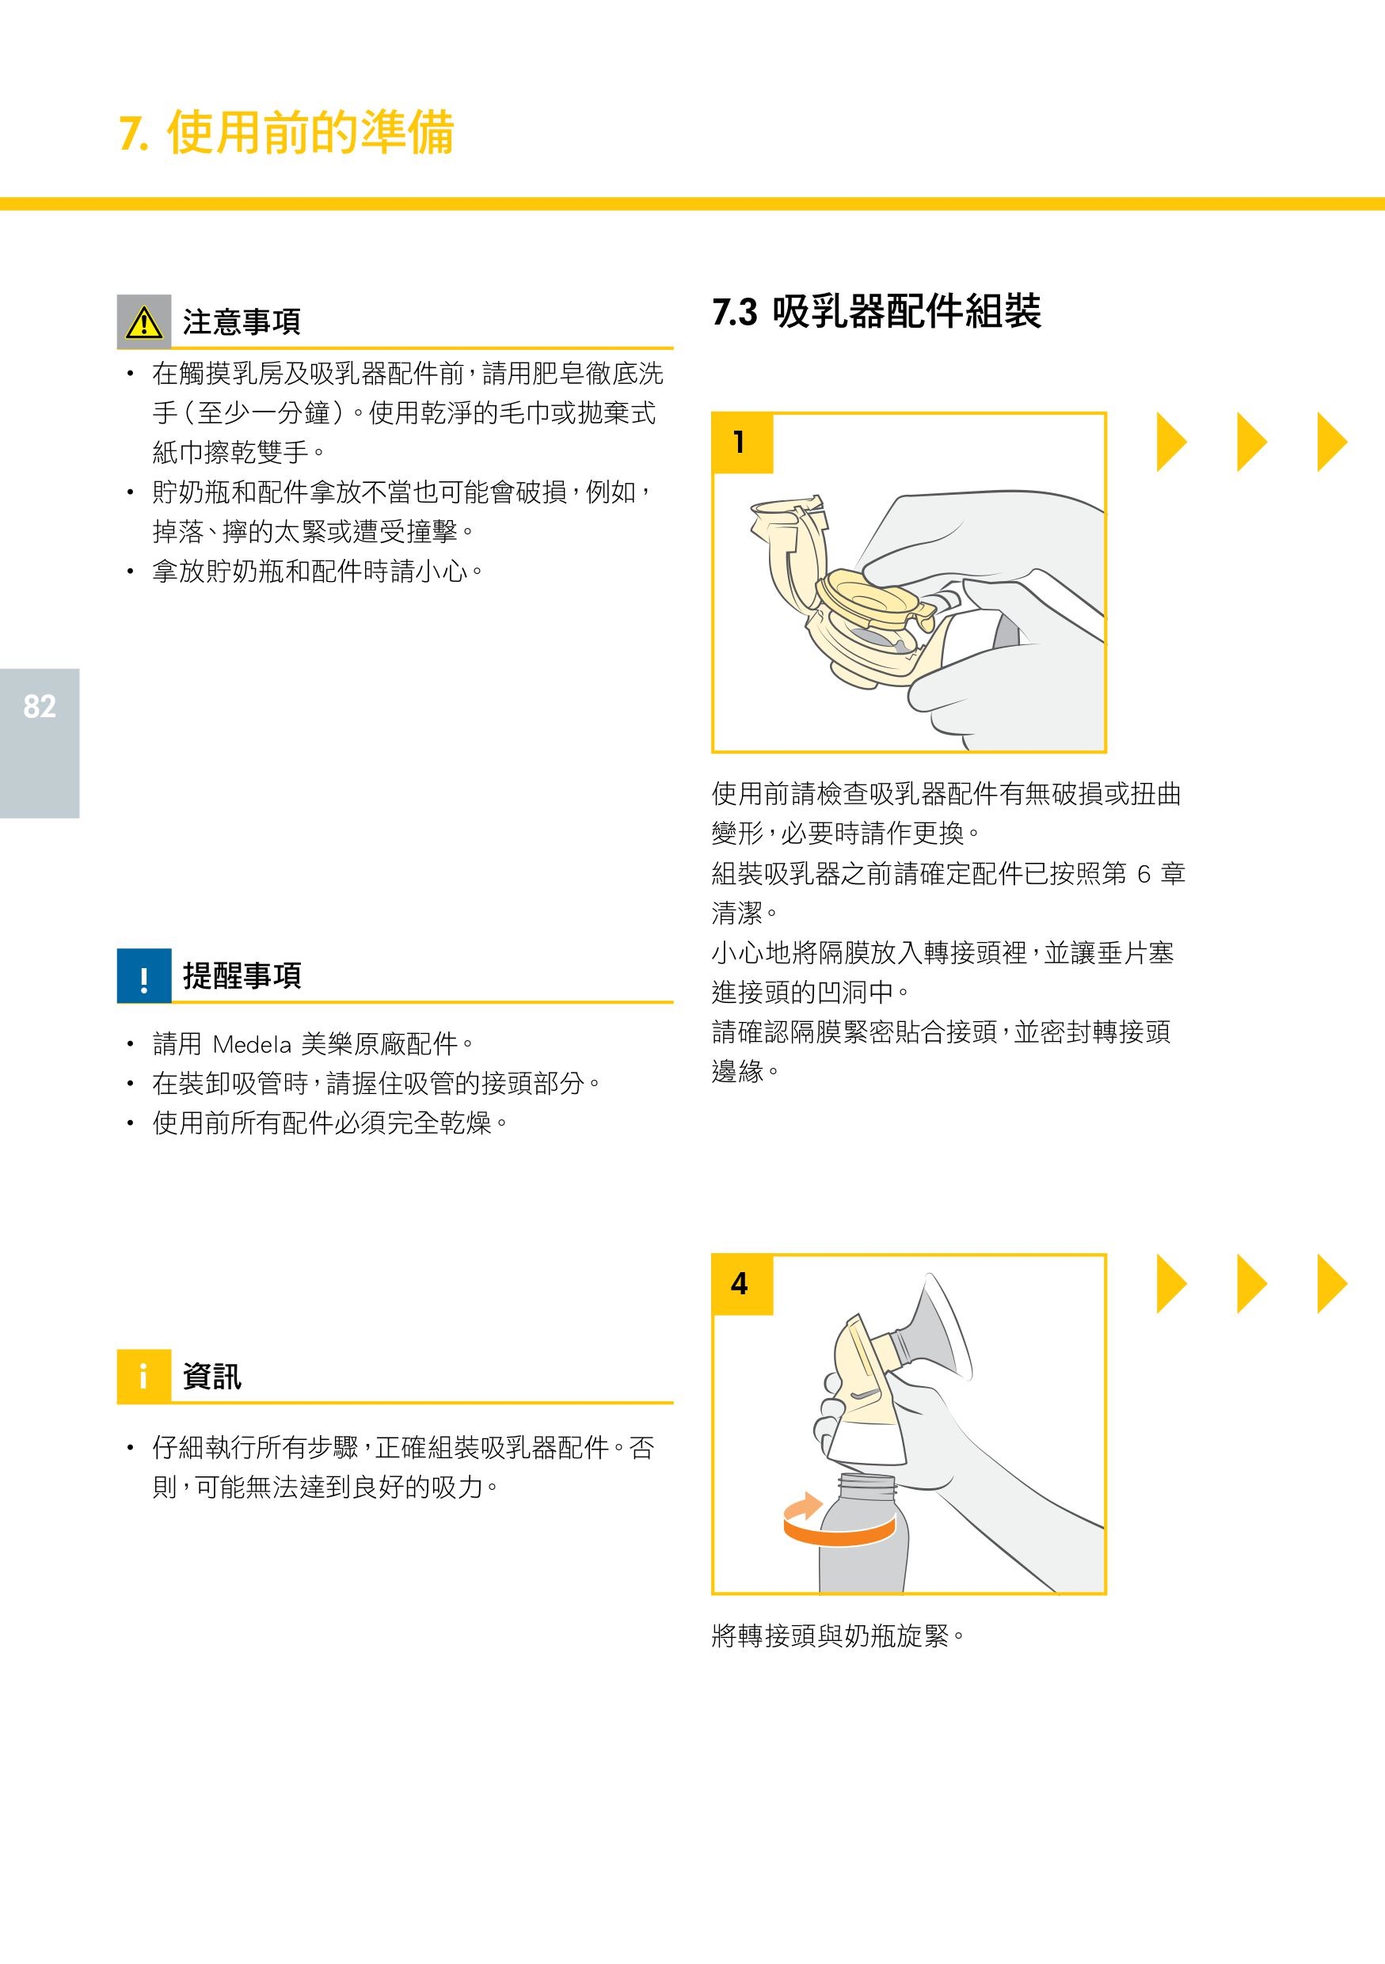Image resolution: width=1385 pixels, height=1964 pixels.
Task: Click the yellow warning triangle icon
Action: point(143,321)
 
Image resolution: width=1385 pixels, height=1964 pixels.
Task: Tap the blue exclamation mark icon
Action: point(143,975)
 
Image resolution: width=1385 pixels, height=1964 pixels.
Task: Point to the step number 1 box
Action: point(743,443)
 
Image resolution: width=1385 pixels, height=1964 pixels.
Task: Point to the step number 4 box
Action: point(743,1284)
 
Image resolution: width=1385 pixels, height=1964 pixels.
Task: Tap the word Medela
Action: point(252,1044)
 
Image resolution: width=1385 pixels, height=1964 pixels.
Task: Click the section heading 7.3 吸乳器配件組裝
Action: point(877,310)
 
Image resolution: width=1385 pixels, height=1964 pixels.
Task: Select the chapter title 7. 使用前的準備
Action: point(287,132)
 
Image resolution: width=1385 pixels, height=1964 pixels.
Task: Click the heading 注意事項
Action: point(242,321)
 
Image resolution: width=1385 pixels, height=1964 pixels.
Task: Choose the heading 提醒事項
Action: point(242,975)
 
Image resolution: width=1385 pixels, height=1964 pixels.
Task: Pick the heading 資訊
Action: point(212,1377)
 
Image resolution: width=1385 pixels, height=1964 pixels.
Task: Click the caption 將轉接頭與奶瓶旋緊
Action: point(839,1635)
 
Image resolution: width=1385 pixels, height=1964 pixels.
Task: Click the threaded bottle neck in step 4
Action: point(867,1485)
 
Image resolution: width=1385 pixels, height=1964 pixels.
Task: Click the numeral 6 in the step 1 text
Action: point(1143,873)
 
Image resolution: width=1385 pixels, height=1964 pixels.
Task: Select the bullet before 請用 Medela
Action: point(130,1044)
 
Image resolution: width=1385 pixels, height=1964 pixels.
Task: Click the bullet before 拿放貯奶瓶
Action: point(130,571)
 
